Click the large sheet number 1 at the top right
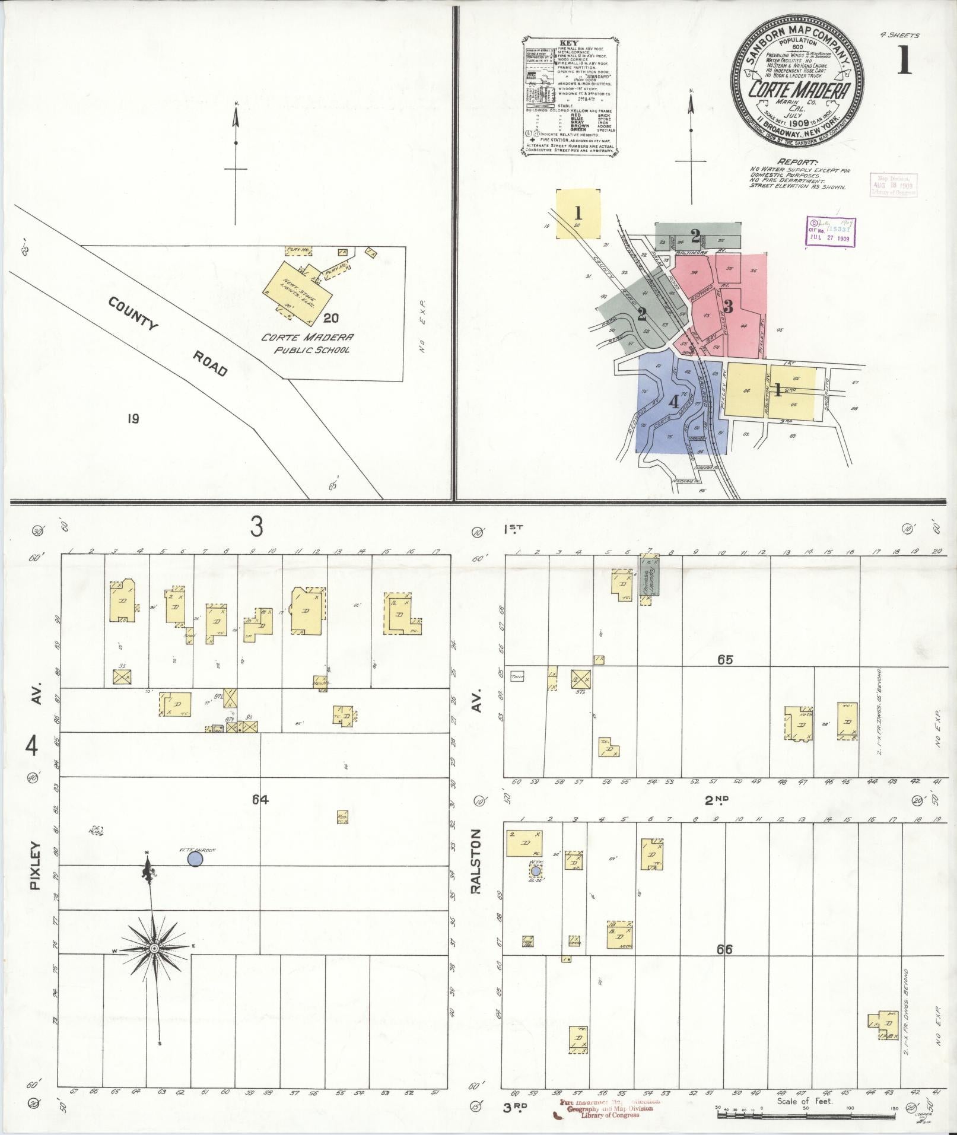904,61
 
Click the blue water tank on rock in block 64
195,858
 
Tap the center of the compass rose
154,949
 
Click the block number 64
260,799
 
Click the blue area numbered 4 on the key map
673,402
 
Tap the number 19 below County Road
133,419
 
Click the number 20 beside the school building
331,317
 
